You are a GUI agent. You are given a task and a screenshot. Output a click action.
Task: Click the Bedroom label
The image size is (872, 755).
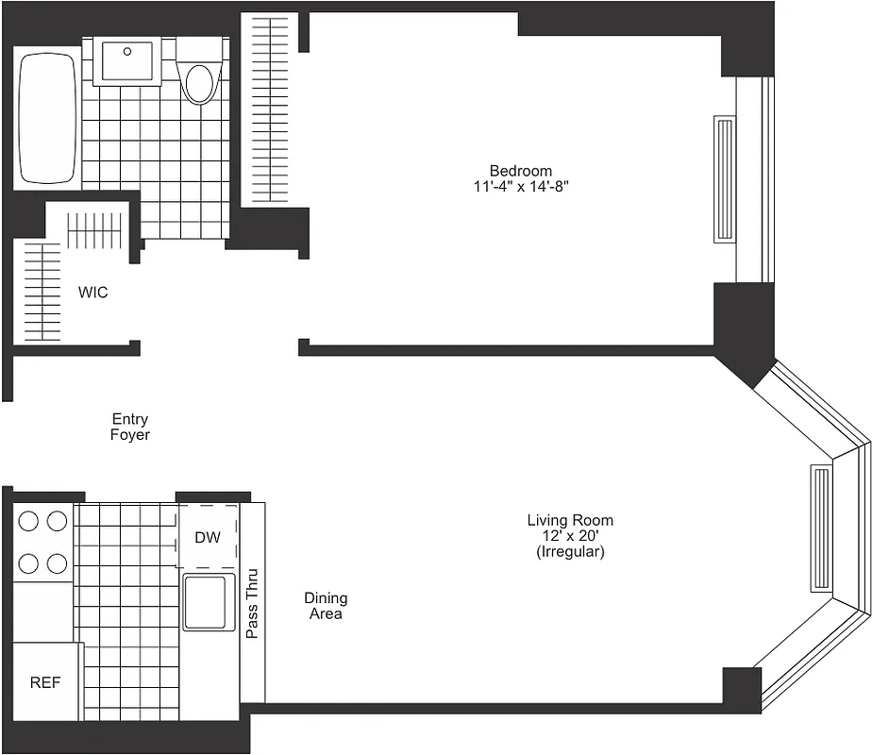pos(520,171)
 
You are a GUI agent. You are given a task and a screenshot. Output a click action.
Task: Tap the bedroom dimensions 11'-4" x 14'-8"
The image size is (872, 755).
pos(520,186)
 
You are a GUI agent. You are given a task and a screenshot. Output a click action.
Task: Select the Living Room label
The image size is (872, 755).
pos(569,520)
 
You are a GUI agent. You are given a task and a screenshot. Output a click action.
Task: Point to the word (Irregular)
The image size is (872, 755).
pos(569,551)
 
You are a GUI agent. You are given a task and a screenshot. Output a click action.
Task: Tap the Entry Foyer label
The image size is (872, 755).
pos(130,428)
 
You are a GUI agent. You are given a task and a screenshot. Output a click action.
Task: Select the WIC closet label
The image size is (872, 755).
pos(92,293)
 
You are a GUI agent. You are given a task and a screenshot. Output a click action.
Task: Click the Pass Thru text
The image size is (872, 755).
pos(252,603)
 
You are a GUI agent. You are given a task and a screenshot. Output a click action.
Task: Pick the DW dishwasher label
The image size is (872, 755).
pos(208,538)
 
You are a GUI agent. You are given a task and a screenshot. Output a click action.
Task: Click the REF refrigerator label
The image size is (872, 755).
pos(45,682)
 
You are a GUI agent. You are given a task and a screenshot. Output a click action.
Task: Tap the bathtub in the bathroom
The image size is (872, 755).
pos(46,118)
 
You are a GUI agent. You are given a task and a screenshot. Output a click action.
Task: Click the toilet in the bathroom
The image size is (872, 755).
pos(199,79)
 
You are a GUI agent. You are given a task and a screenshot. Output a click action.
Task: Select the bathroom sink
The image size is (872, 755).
pos(128,61)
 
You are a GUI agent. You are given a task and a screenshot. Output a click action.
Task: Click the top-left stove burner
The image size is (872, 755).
pos(28,520)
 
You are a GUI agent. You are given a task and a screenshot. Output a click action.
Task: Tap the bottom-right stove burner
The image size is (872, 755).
pos(57,563)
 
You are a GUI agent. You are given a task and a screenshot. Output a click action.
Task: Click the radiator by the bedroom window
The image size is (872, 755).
pos(725,179)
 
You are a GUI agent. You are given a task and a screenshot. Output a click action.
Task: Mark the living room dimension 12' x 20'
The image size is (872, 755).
pos(569,536)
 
